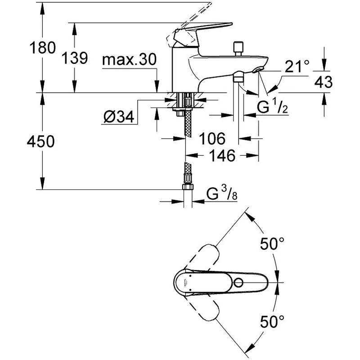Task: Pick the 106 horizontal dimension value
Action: [x=211, y=139]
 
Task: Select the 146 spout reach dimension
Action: [x=222, y=156]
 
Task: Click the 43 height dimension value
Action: [x=323, y=82]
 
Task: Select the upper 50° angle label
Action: [x=272, y=245]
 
